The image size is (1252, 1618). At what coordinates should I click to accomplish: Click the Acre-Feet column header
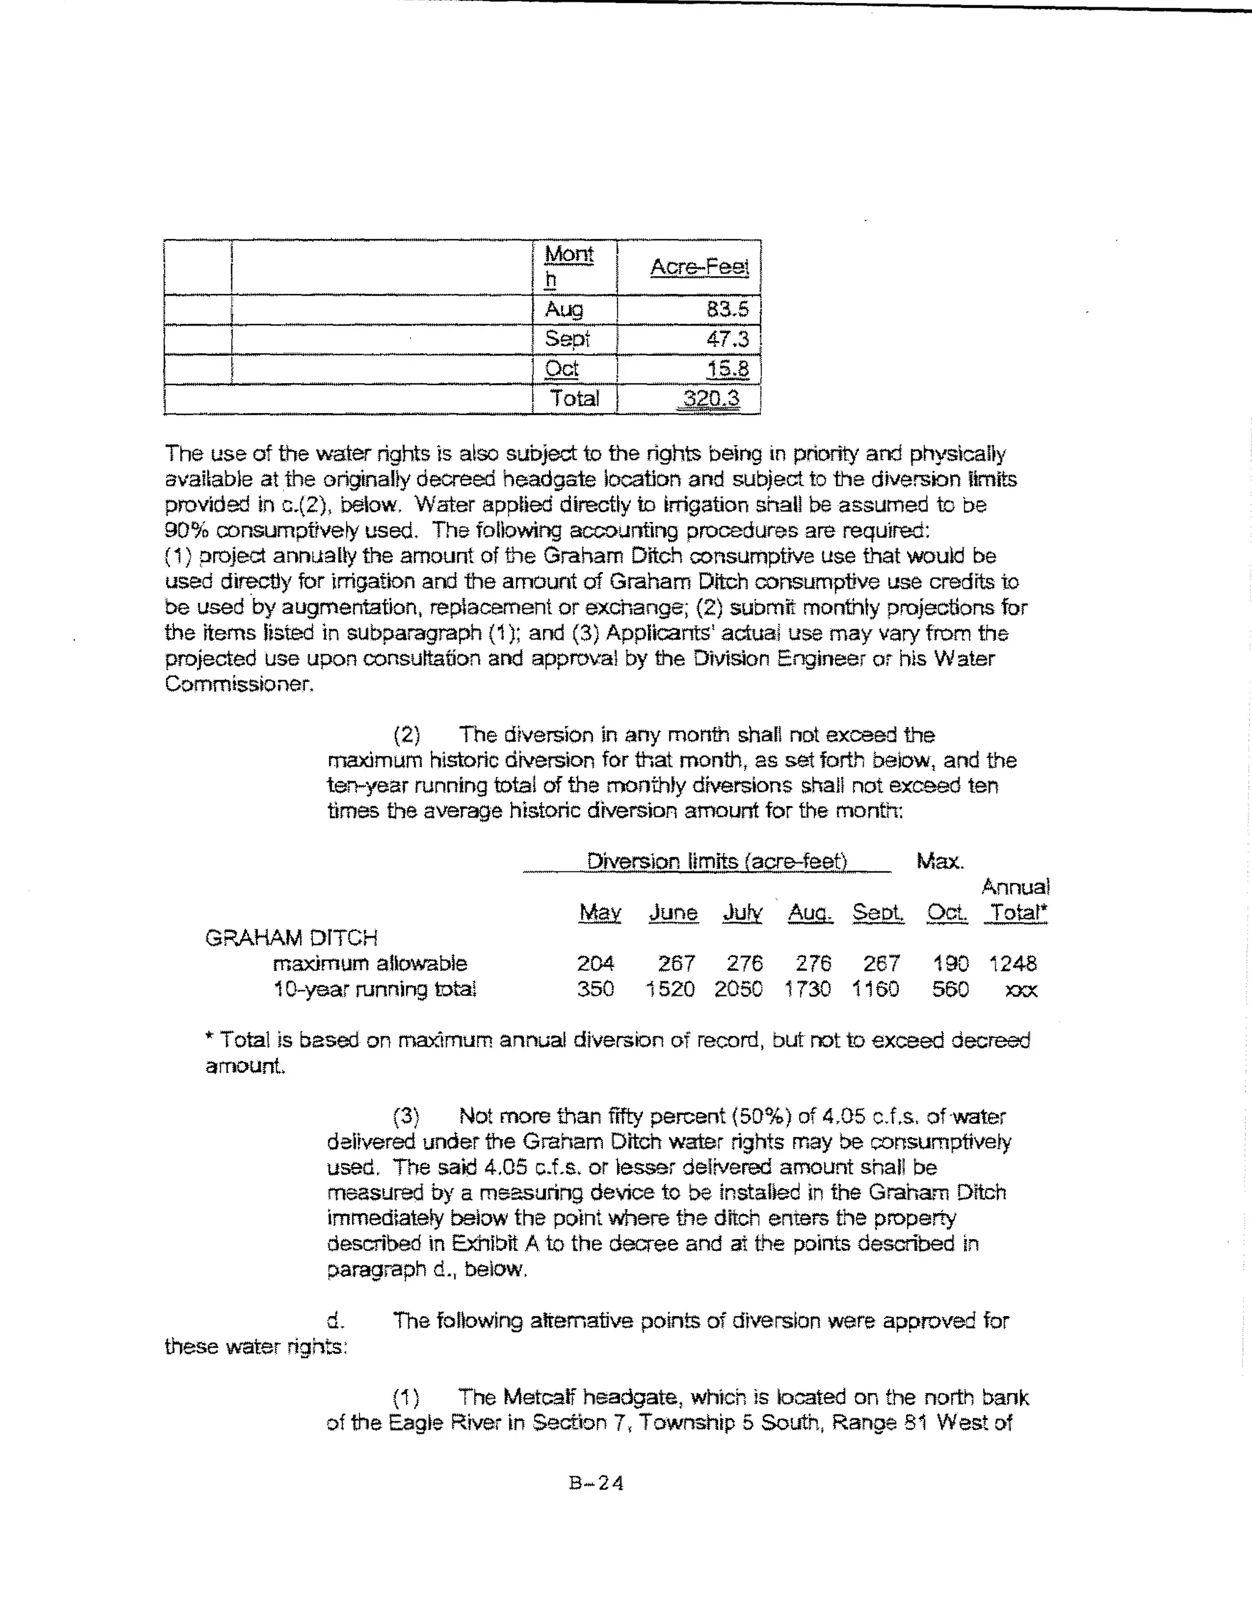(x=699, y=268)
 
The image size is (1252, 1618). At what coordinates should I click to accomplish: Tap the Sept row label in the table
(x=567, y=339)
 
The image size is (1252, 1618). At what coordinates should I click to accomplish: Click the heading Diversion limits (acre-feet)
(x=716, y=861)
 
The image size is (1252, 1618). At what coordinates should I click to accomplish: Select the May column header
(x=600, y=913)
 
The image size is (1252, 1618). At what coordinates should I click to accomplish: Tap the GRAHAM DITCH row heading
(x=292, y=938)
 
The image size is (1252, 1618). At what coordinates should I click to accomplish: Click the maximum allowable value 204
(x=595, y=963)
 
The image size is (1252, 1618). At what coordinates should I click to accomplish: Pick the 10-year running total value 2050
(x=738, y=989)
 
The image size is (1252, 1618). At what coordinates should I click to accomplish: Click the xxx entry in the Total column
(x=1021, y=990)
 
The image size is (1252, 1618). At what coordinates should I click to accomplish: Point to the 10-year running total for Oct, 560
(x=950, y=989)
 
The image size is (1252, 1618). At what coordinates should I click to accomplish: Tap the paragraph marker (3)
(x=406, y=1116)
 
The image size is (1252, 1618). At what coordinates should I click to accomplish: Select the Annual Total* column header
(x=1015, y=900)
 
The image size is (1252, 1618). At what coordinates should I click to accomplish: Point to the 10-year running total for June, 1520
(x=670, y=989)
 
